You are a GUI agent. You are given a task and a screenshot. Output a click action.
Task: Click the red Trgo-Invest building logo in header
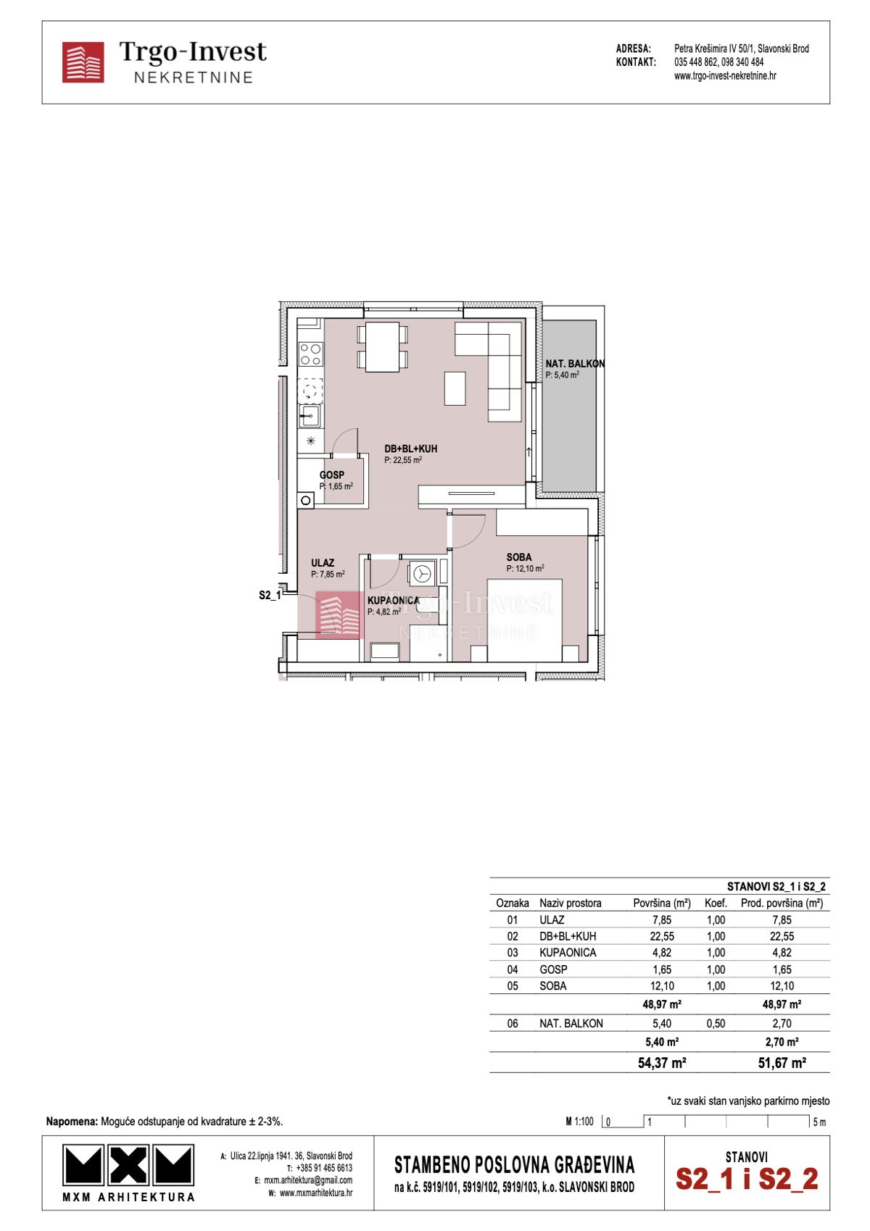(83, 62)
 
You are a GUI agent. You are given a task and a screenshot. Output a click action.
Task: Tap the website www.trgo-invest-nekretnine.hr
(724, 76)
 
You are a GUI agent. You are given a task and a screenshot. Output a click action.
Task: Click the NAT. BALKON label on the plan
(574, 364)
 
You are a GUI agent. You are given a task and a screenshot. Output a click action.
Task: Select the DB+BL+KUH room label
(410, 449)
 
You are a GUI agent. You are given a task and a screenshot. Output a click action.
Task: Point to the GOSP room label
(332, 475)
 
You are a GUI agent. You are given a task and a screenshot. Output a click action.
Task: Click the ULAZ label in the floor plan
(323, 563)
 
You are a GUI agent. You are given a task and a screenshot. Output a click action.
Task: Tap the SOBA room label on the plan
(518, 557)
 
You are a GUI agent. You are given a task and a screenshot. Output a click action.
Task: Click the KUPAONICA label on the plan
(393, 601)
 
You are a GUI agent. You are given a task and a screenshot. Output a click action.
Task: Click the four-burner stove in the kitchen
(311, 354)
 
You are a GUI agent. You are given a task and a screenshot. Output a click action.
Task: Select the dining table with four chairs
(382, 347)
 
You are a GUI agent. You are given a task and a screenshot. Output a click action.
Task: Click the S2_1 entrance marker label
(269, 596)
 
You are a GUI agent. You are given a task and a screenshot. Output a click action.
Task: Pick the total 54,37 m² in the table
(661, 1063)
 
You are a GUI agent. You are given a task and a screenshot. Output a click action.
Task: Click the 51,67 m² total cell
(782, 1063)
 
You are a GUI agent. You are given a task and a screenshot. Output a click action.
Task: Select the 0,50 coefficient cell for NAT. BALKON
(715, 1024)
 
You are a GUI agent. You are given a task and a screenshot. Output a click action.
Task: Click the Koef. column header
(716, 904)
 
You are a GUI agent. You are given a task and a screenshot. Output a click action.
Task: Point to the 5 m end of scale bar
(818, 1122)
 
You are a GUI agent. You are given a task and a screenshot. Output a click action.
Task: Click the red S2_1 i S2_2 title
(747, 1179)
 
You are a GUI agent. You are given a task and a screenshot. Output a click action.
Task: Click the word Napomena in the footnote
(72, 1122)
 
